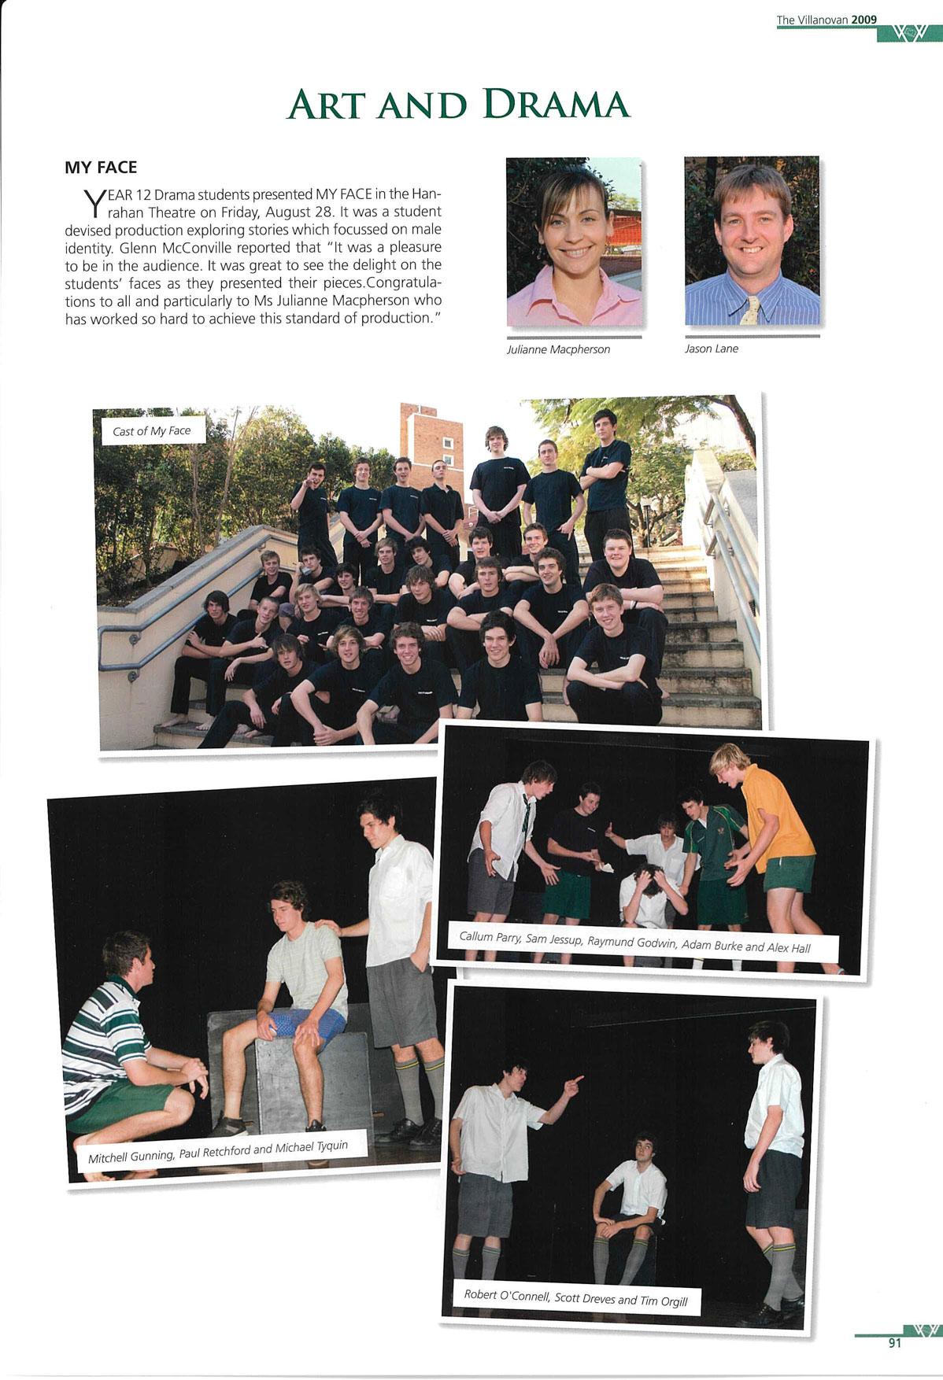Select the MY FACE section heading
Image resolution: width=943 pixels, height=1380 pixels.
tap(100, 168)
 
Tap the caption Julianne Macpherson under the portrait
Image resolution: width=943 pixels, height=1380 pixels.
tap(558, 349)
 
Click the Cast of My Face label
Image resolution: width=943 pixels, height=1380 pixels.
tap(152, 430)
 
